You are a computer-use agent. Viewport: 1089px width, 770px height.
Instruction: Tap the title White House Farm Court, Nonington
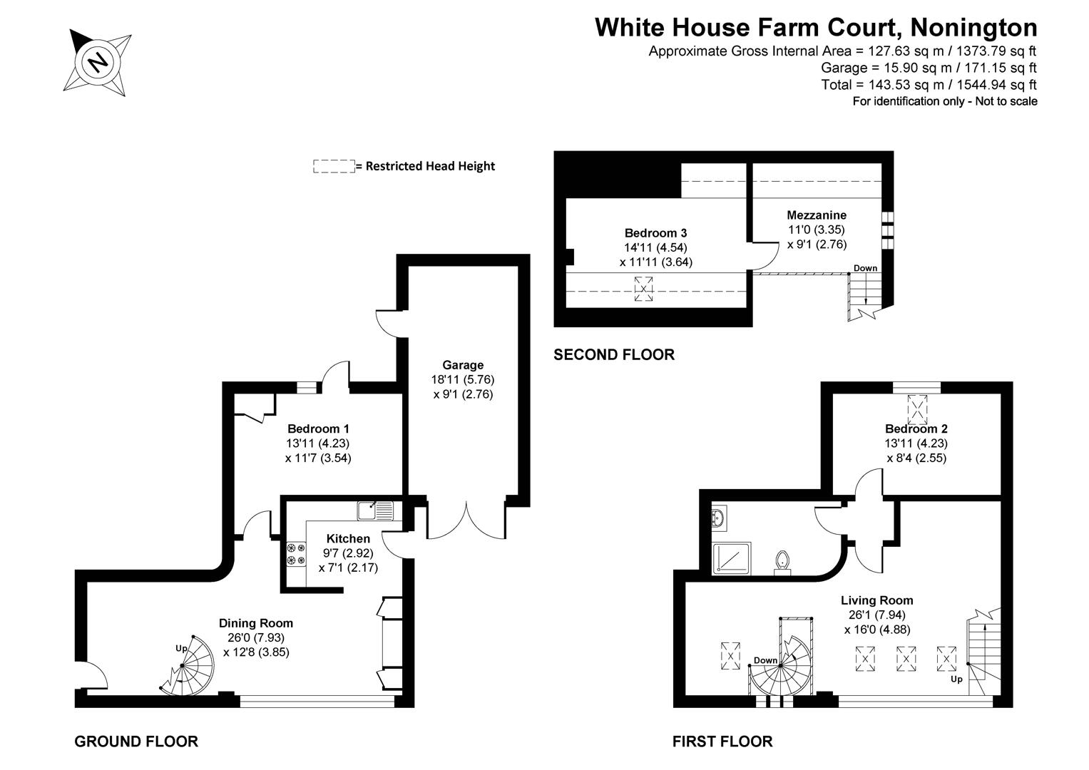816,27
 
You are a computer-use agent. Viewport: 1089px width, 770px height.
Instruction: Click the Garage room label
462,365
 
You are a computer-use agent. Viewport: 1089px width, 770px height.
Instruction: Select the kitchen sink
375,510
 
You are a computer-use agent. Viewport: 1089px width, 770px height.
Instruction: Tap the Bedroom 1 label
318,429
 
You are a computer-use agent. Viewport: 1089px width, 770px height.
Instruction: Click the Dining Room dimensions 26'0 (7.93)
256,637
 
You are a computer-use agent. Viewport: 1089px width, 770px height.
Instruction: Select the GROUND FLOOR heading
136,741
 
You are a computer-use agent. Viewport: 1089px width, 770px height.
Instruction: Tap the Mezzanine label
817,215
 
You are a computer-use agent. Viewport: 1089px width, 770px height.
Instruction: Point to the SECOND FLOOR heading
614,354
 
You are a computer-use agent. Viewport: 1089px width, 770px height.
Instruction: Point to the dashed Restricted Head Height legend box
334,166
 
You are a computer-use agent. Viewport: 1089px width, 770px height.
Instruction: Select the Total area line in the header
929,85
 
